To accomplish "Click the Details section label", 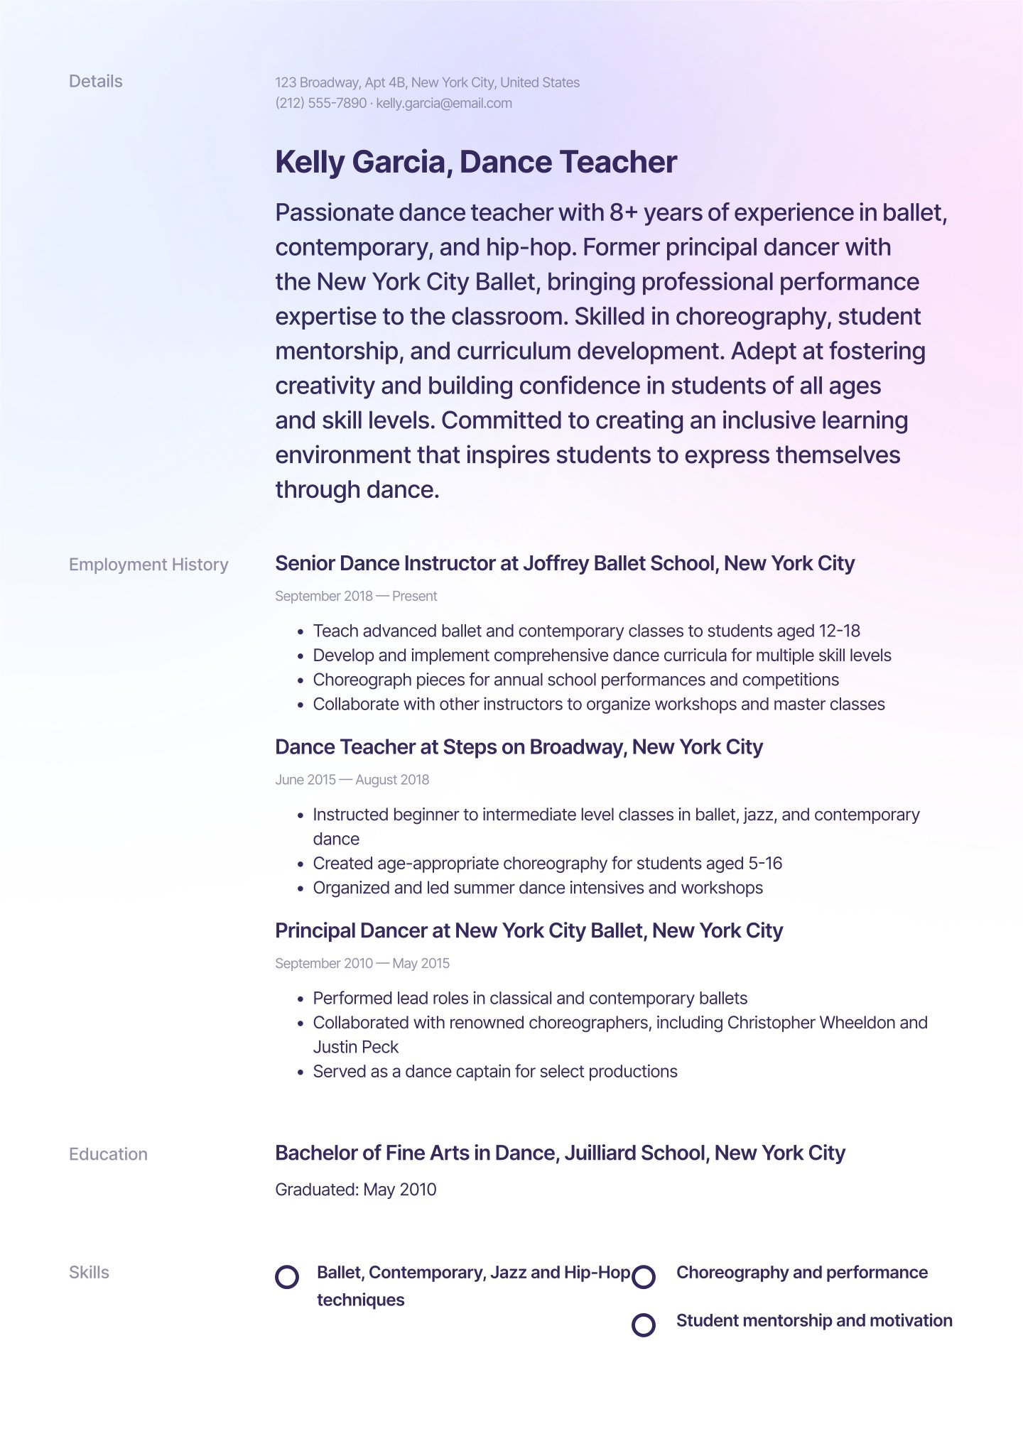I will [x=95, y=82].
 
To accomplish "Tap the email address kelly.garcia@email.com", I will [x=444, y=103].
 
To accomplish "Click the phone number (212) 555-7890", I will [x=320, y=103].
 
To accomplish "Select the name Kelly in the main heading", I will [x=309, y=162].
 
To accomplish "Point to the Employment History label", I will [x=148, y=565].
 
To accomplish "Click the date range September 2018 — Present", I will [x=356, y=597].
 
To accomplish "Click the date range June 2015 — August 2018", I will [x=352, y=780].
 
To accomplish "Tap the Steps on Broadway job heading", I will [x=519, y=747].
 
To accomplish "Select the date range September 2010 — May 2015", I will [x=362, y=964].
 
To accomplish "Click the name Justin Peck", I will [x=355, y=1047].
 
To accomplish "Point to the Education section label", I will [x=108, y=1154].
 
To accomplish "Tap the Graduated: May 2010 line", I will [x=355, y=1190].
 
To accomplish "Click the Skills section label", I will [x=89, y=1273].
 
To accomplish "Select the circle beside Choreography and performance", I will [x=644, y=1276].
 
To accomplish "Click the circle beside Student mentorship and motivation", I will [x=644, y=1325].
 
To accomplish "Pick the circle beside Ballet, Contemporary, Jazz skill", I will [x=287, y=1276].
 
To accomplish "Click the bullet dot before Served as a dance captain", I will [x=301, y=1072].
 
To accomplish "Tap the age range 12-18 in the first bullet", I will [x=839, y=631].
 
